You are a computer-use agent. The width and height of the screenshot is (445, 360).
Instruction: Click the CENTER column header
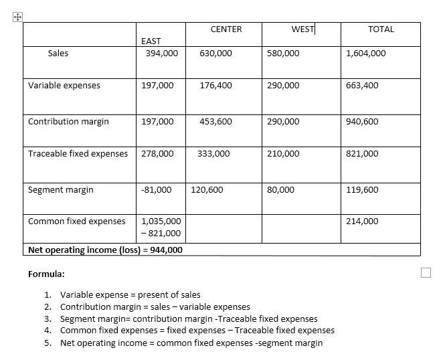[x=226, y=29]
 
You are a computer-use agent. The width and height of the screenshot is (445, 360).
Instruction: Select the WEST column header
[x=303, y=29]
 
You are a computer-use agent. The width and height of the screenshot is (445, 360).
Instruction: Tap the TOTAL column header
[x=381, y=29]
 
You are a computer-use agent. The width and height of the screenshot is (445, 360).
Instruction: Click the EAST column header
[x=151, y=41]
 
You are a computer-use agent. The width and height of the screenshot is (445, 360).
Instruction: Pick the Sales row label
[x=58, y=54]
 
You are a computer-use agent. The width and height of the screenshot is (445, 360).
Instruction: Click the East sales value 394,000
[x=162, y=54]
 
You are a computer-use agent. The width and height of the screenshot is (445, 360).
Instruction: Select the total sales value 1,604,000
[x=366, y=54]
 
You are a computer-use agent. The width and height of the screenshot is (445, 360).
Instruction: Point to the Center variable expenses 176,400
[x=215, y=86]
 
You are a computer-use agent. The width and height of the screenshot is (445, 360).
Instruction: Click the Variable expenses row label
[x=64, y=86]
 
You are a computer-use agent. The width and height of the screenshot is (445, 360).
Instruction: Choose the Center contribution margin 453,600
[x=215, y=122]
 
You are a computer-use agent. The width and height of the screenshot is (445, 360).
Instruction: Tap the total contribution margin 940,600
[x=362, y=122]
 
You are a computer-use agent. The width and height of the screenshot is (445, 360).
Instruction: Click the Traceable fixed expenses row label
[x=78, y=154]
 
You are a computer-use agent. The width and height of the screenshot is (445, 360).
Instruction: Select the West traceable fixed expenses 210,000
[x=283, y=154]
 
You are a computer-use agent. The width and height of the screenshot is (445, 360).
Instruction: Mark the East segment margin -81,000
[x=157, y=190]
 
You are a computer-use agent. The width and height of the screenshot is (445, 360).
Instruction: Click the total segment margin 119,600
[x=362, y=190]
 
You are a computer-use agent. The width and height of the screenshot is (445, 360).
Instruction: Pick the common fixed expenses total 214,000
[x=362, y=221]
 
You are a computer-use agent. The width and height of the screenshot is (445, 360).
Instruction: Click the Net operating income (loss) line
[x=105, y=250]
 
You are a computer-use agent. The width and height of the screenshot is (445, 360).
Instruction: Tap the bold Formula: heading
[x=46, y=274]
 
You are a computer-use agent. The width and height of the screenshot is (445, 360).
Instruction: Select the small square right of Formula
[x=426, y=272]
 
